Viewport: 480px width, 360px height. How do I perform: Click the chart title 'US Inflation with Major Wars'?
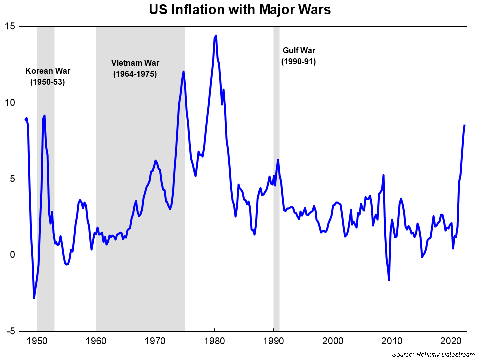click(240, 10)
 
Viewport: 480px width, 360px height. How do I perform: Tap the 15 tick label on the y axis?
click(10, 26)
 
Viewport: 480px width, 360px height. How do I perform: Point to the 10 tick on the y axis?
click(10, 103)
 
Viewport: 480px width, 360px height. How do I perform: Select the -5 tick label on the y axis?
click(10, 331)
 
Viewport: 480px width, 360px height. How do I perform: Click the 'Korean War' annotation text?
click(48, 70)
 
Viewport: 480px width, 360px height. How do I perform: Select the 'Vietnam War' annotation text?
click(135, 63)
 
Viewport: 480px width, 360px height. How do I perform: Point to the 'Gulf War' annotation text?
click(299, 50)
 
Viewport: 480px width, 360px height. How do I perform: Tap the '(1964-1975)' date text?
click(135, 74)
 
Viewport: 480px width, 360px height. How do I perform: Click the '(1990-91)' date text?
click(299, 62)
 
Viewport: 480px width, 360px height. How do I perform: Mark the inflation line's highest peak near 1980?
click(216, 36)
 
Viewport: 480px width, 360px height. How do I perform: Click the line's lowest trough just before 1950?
click(34, 298)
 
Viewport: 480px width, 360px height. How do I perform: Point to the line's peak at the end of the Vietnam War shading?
click(183, 72)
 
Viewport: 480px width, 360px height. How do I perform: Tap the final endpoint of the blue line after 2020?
click(465, 125)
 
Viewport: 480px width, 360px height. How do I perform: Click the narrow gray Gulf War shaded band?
click(276, 200)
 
